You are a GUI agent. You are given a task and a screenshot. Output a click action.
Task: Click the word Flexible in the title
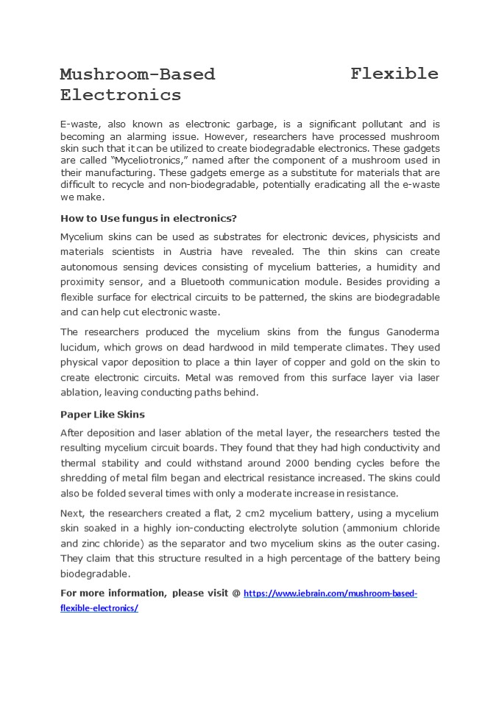pyautogui.click(x=394, y=74)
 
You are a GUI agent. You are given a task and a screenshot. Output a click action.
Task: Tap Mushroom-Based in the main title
pyautogui.click(x=138, y=74)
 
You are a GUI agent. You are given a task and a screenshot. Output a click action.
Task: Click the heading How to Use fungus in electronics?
pyautogui.click(x=148, y=218)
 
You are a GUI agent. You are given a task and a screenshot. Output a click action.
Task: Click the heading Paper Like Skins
pyautogui.click(x=102, y=414)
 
